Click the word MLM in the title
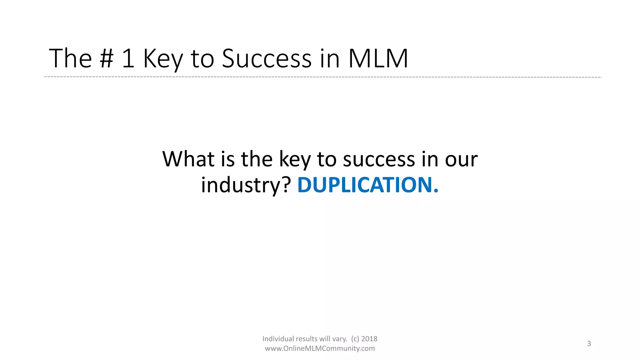[378, 58]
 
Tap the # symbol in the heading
[106, 58]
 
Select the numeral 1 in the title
[128, 58]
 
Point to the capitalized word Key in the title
[162, 59]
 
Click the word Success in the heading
[267, 58]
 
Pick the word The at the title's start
[70, 58]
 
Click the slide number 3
[589, 344]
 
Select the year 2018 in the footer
[369, 339]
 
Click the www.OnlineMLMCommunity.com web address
[320, 348]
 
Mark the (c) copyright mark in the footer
[355, 339]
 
